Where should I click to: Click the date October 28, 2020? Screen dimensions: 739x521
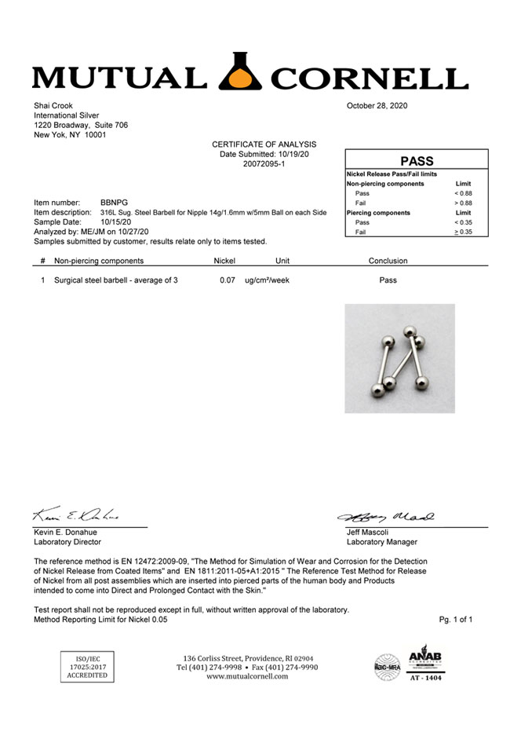click(377, 105)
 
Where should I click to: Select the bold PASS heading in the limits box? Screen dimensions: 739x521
click(417, 160)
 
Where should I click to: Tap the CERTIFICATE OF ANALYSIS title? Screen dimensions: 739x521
click(264, 145)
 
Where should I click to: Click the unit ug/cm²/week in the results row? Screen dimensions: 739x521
click(267, 280)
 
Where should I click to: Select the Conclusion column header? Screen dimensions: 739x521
click(388, 261)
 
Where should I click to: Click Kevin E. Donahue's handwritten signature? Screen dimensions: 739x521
click(75, 516)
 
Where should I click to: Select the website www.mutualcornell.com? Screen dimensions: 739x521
click(247, 676)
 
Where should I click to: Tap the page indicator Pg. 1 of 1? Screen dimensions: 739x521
click(456, 620)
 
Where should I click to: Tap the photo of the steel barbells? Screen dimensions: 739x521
click(399, 358)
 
